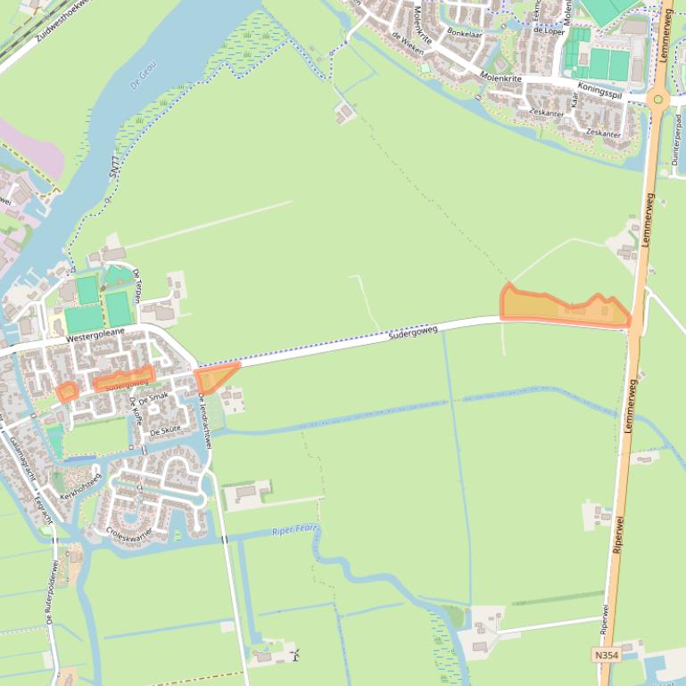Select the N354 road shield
[605, 655]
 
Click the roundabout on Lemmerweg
[658, 99]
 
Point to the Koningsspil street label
[599, 89]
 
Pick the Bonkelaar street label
[464, 32]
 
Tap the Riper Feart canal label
[295, 530]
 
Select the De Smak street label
[153, 396]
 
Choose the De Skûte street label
[165, 429]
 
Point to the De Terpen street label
[137, 284]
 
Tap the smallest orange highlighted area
[67, 390]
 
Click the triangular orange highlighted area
[213, 378]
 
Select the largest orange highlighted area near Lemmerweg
[564, 307]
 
